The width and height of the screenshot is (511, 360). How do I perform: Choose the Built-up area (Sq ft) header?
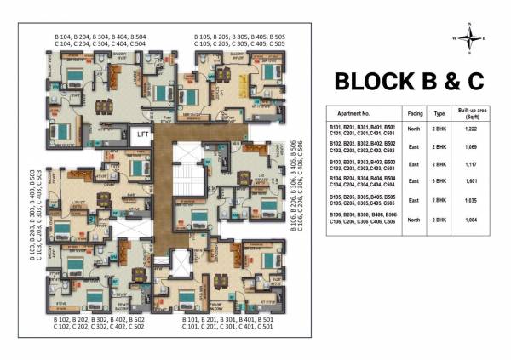(x=474, y=111)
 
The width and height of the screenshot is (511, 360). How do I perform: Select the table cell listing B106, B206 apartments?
(x=363, y=221)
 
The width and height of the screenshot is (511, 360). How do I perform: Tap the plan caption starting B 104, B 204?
(x=100, y=42)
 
